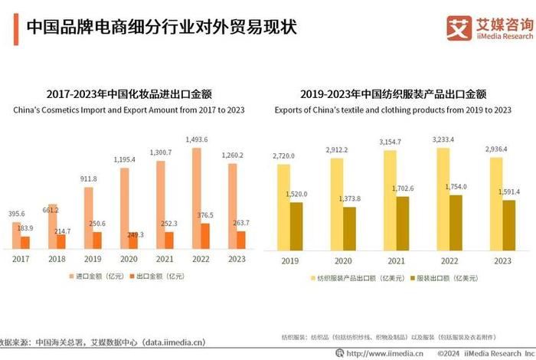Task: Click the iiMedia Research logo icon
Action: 459,28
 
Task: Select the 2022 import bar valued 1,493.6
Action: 196,198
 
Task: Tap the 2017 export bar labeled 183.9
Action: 25,242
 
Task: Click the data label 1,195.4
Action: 126,159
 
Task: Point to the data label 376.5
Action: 207,215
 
